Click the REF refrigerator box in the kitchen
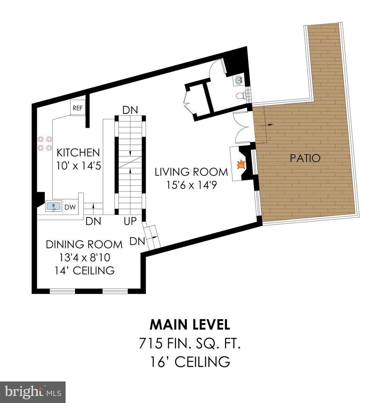(x=78, y=107)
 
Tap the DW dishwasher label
(x=70, y=207)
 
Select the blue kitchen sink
(x=53, y=206)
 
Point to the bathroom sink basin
(x=239, y=80)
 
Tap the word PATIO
(x=305, y=158)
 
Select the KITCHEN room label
(x=78, y=152)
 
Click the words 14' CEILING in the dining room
(x=85, y=271)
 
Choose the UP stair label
(x=130, y=221)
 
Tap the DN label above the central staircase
(x=130, y=110)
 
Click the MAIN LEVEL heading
(x=190, y=325)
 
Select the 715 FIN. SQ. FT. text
(x=190, y=343)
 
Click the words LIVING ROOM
(x=191, y=172)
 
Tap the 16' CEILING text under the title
(x=190, y=362)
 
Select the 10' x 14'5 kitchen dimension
(x=79, y=166)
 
